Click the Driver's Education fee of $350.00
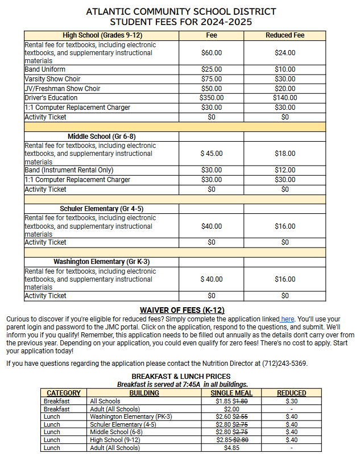pyautogui.click(x=212, y=98)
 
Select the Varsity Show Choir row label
pyautogui.click(x=53, y=79)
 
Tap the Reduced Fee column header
pyautogui.click(x=285, y=35)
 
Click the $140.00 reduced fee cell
pyautogui.click(x=285, y=98)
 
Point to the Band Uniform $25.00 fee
pyautogui.click(x=212, y=69)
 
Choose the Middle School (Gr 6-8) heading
pyautogui.click(x=101, y=137)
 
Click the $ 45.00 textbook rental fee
pyautogui.click(x=212, y=154)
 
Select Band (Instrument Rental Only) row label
pyautogui.click(x=69, y=170)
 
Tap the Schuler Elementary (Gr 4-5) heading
pyautogui.click(x=101, y=209)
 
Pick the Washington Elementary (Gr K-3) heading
pyautogui.click(x=101, y=262)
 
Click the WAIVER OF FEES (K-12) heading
pyautogui.click(x=182, y=310)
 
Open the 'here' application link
pyautogui.click(x=287, y=319)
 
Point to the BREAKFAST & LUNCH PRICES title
pyautogui.click(x=181, y=376)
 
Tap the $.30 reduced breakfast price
pyautogui.click(x=292, y=401)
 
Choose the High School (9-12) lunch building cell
pyautogui.click(x=115, y=440)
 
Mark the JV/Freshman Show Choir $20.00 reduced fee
pyautogui.click(x=285, y=89)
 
